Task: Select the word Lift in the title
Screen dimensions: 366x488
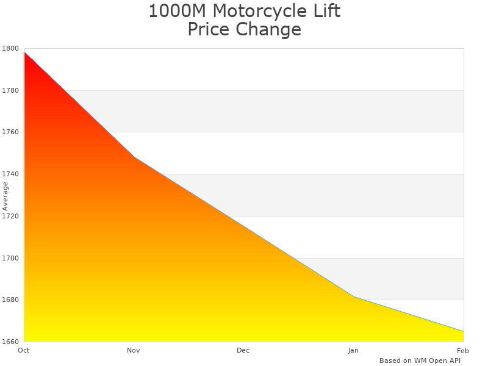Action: pos(326,11)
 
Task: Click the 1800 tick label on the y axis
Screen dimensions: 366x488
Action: pos(11,48)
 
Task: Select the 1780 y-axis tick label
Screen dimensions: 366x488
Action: pos(11,90)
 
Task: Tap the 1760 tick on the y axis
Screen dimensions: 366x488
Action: pos(11,132)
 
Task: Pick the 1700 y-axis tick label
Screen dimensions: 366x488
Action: pos(11,258)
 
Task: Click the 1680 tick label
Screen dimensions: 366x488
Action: pos(11,300)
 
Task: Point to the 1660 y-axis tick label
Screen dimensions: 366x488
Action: pos(11,342)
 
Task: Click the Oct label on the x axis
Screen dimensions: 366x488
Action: pos(24,350)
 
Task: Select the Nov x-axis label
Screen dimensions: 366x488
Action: pos(134,350)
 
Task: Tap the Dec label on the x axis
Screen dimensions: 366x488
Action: pos(243,350)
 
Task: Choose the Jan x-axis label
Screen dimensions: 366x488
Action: pos(353,350)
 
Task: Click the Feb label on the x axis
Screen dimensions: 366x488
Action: pos(463,350)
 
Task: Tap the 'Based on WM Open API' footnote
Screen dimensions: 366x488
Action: pos(420,361)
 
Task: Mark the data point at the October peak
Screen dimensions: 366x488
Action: pos(24,52)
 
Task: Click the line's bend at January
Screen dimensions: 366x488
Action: pos(354,297)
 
